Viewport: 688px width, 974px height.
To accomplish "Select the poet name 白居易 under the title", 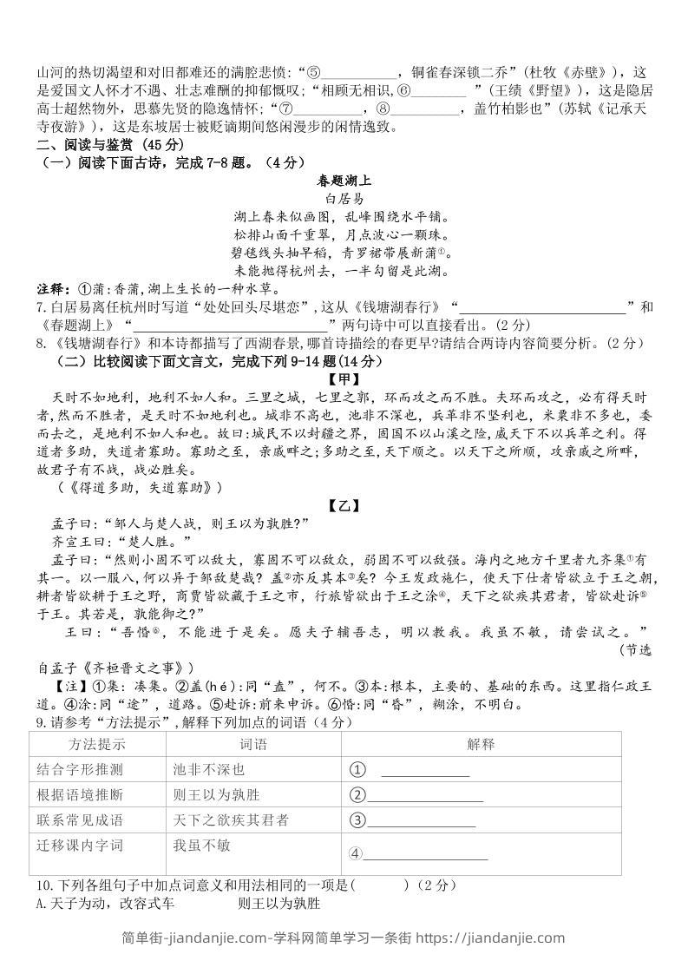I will pyautogui.click(x=344, y=198).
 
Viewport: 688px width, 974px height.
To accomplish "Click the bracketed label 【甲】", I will pyautogui.click(x=344, y=379).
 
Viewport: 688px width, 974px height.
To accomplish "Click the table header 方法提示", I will pyautogui.click(x=98, y=744).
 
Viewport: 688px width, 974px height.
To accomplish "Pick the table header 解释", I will pyautogui.click(x=480, y=744).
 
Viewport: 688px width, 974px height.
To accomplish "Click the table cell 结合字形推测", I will pyautogui.click(x=80, y=769).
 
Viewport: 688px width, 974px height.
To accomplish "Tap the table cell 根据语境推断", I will pyautogui.click(x=80, y=794).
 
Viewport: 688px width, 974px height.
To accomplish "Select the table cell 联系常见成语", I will pyautogui.click(x=80, y=819).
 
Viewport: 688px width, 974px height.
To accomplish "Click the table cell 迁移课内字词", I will pyautogui.click(x=80, y=845).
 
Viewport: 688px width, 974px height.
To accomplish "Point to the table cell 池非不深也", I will pyautogui.click(x=209, y=769).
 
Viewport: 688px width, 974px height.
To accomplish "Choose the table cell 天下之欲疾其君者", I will pyautogui.click(x=231, y=819).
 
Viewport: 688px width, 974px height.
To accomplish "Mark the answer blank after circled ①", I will pyautogui.click(x=425, y=772).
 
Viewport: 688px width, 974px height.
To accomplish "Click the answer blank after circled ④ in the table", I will pyautogui.click(x=425, y=856).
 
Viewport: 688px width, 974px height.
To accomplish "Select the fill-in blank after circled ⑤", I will pyautogui.click(x=358, y=73).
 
